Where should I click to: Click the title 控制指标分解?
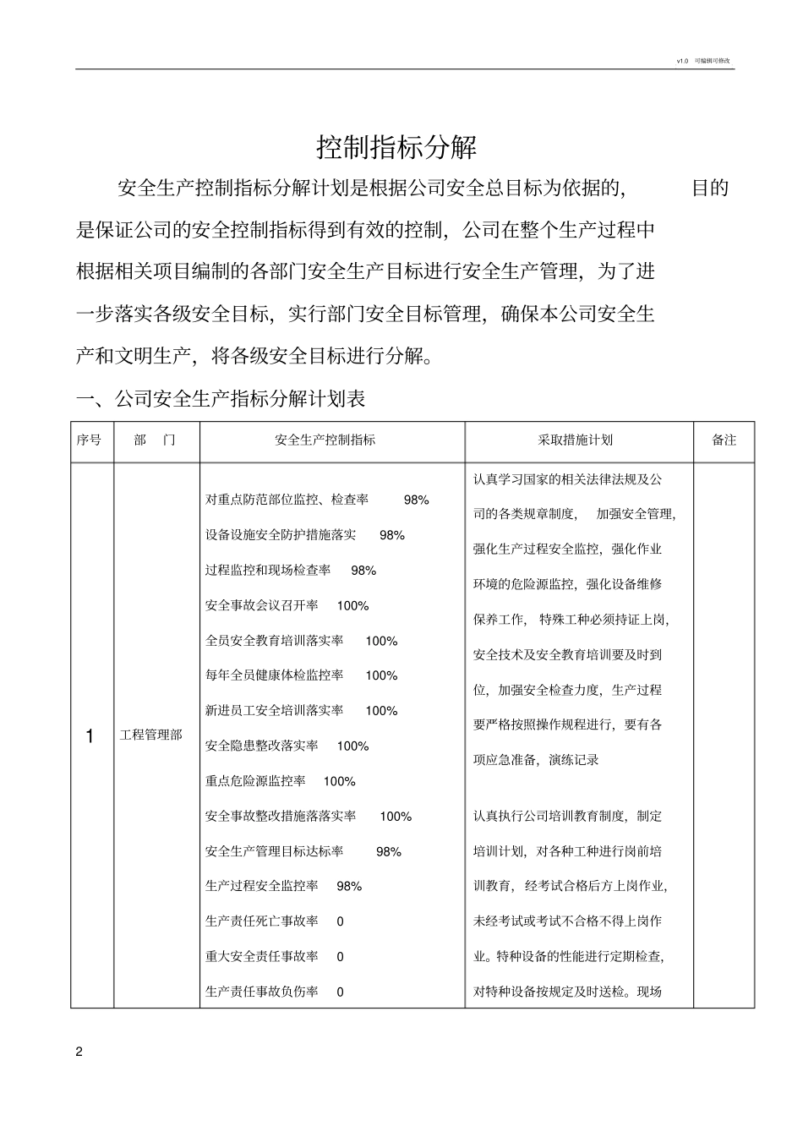coord(396,147)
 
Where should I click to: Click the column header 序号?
coord(89,440)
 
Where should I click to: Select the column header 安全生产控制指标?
coord(325,440)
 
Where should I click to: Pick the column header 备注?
coord(724,440)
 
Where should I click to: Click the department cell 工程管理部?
coord(151,735)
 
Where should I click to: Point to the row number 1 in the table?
coord(90,736)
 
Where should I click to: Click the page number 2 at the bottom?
coord(79,1052)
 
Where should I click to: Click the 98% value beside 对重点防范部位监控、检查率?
coord(416,500)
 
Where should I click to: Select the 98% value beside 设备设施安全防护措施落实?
coord(392,535)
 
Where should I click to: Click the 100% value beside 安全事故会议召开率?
coord(352,606)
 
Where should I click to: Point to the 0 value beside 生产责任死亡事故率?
coord(340,921)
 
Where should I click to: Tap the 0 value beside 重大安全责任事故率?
coord(340,957)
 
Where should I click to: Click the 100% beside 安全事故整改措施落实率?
coord(396,817)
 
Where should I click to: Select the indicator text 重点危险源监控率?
coord(255,781)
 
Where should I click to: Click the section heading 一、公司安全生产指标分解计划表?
coord(221,398)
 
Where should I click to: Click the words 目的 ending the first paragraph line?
coord(710,188)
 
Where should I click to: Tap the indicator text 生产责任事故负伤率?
coord(262,992)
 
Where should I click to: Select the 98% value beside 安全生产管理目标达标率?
coord(389,852)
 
